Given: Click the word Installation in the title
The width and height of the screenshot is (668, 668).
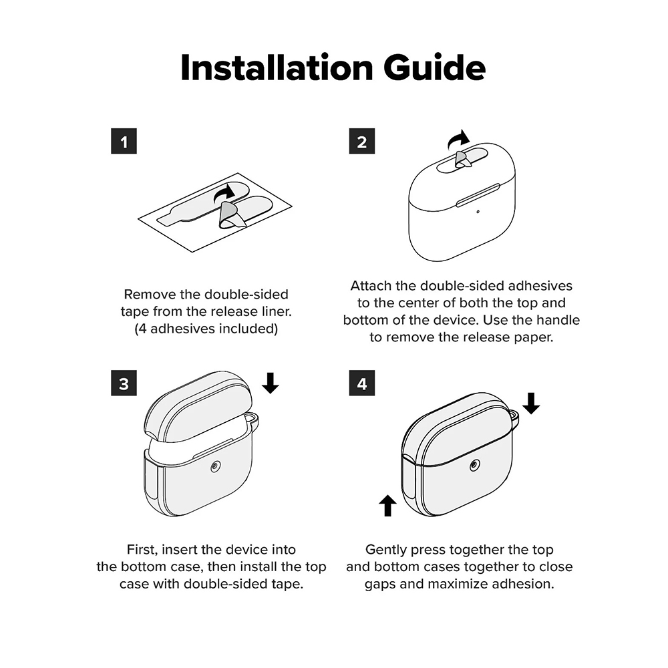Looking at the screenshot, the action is (x=277, y=67).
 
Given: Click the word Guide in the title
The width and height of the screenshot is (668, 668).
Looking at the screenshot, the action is (x=435, y=67).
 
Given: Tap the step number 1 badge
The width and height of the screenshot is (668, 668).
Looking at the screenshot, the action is (x=124, y=141).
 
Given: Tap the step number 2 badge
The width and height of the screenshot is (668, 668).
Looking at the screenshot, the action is (x=361, y=141).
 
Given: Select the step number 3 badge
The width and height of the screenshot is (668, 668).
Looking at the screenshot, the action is (x=124, y=383).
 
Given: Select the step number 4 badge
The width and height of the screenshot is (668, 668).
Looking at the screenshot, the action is (x=361, y=383).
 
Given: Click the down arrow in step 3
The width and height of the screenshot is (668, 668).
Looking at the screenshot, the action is (x=270, y=383).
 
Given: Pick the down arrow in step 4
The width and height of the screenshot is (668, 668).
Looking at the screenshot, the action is (x=531, y=403).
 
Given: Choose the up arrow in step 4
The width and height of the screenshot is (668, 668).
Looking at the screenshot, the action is (x=387, y=505).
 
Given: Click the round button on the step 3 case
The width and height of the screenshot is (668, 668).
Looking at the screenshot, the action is (x=216, y=468).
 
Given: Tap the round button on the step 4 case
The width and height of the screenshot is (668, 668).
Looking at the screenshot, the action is (x=474, y=466).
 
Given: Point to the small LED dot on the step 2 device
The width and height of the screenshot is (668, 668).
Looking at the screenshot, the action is (x=478, y=212).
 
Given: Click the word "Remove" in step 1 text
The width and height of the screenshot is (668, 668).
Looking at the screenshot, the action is (x=150, y=294).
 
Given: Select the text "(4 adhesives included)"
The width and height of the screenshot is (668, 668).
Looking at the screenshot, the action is (x=206, y=329).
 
